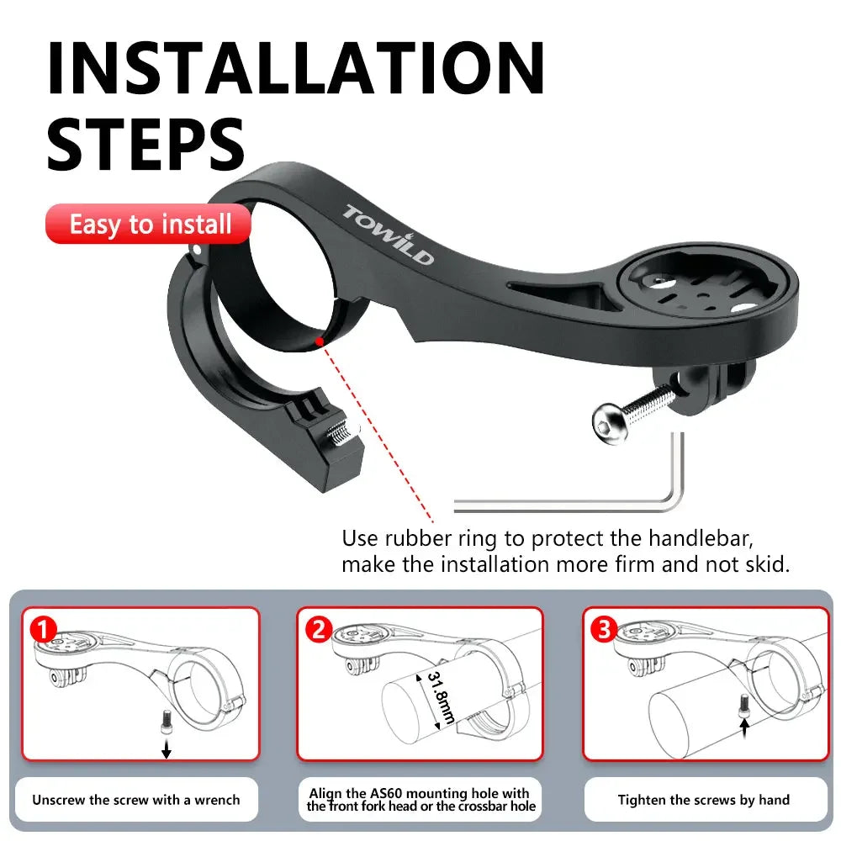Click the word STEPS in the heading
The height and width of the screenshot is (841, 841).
coord(145,144)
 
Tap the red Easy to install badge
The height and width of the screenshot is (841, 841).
coord(149,225)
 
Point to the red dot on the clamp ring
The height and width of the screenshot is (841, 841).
coord(319,341)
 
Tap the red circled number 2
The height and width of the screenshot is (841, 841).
coord(317,628)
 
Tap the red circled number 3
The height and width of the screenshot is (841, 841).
coord(603,628)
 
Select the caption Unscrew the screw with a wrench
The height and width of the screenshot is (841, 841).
coord(135,800)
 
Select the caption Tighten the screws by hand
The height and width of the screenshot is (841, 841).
coord(704,800)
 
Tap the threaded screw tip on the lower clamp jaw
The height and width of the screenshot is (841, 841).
coord(341,433)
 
